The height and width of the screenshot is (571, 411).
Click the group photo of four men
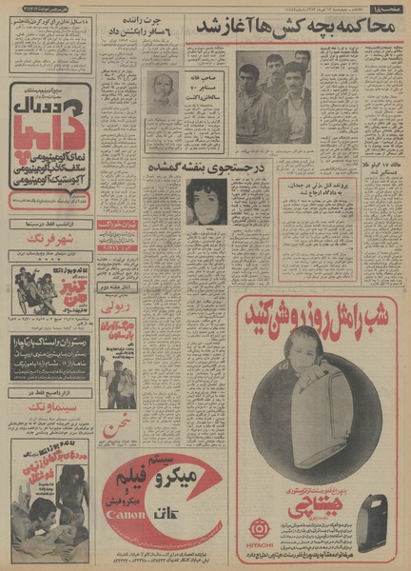pyautogui.click(x=274, y=95)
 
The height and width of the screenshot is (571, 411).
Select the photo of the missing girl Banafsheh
pyautogui.click(x=205, y=201)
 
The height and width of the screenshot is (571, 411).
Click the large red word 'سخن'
pyautogui.click(x=113, y=423)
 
